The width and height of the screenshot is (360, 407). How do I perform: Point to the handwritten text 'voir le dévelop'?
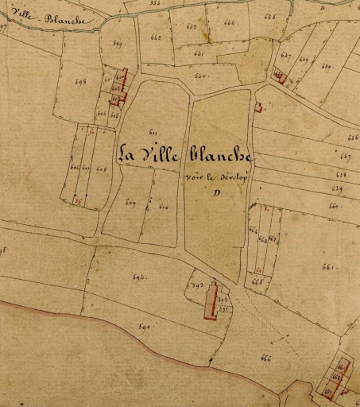coord(216,178)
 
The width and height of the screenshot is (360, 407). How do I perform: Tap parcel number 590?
coord(145,327)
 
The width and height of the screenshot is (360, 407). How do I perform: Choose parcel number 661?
coord(326,266)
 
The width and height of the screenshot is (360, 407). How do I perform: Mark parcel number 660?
coord(333,205)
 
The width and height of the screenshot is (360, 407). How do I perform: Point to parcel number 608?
coord(101,169)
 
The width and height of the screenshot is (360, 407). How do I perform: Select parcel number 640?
coord(200,76)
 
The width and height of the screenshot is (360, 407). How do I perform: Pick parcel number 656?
coord(353,138)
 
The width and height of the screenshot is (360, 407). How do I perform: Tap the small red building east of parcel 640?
coord(258,107)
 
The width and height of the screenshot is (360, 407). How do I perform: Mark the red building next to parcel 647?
coord(279,76)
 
